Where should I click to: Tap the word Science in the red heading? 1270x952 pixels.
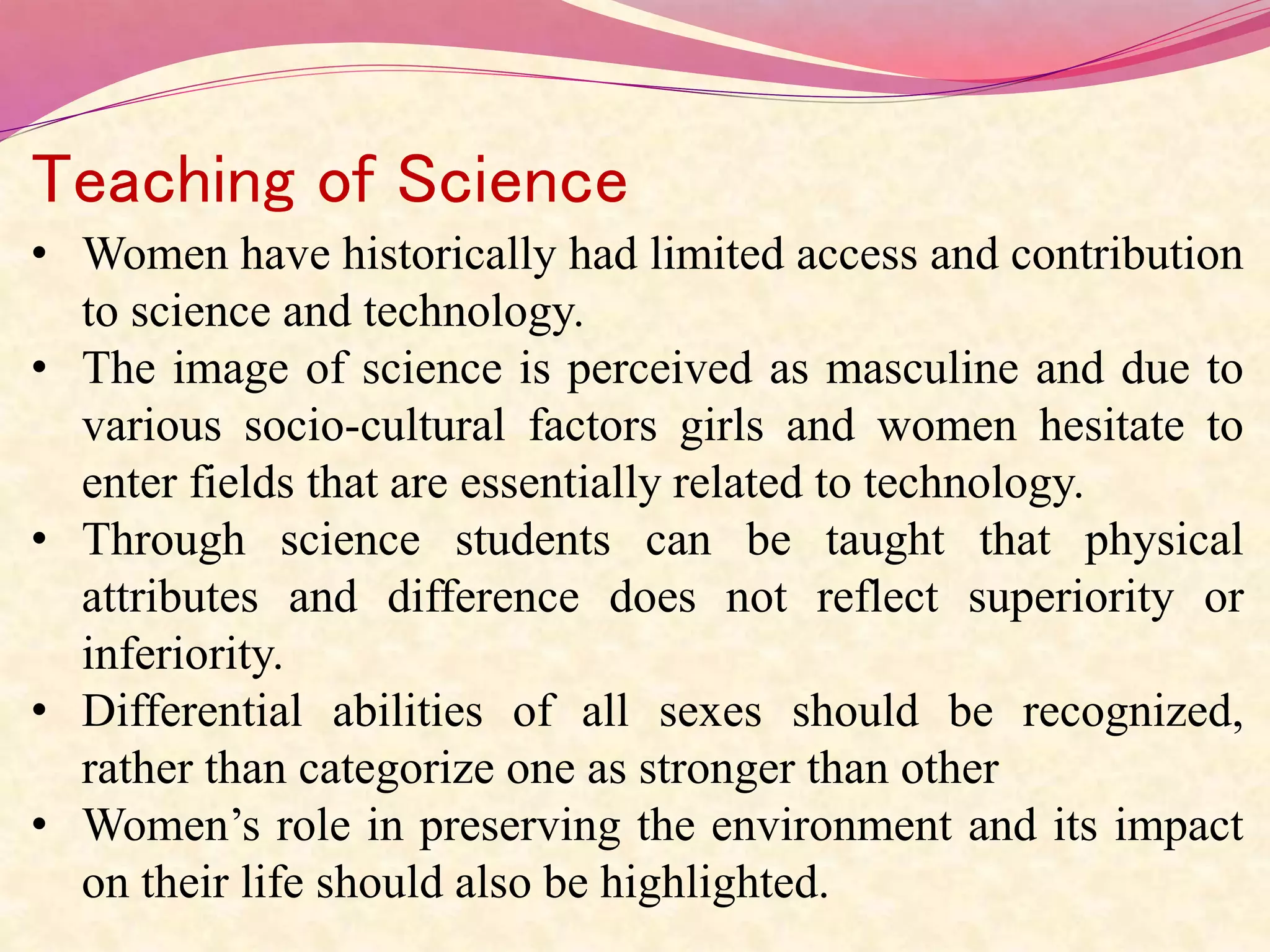click(512, 180)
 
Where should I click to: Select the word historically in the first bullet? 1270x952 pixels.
click(449, 255)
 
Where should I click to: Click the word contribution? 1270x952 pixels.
click(1127, 255)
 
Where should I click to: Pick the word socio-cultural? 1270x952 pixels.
click(375, 426)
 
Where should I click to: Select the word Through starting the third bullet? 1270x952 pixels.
click(164, 540)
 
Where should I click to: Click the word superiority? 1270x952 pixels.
click(1071, 597)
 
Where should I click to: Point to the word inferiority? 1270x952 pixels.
click(182, 654)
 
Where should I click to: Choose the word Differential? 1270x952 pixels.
click(192, 712)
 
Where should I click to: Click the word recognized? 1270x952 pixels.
click(1132, 712)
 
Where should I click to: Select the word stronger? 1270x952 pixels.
click(716, 769)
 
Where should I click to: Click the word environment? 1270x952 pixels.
click(831, 826)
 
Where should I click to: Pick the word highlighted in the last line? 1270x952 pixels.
click(714, 883)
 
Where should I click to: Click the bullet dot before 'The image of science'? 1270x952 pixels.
click(40, 370)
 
